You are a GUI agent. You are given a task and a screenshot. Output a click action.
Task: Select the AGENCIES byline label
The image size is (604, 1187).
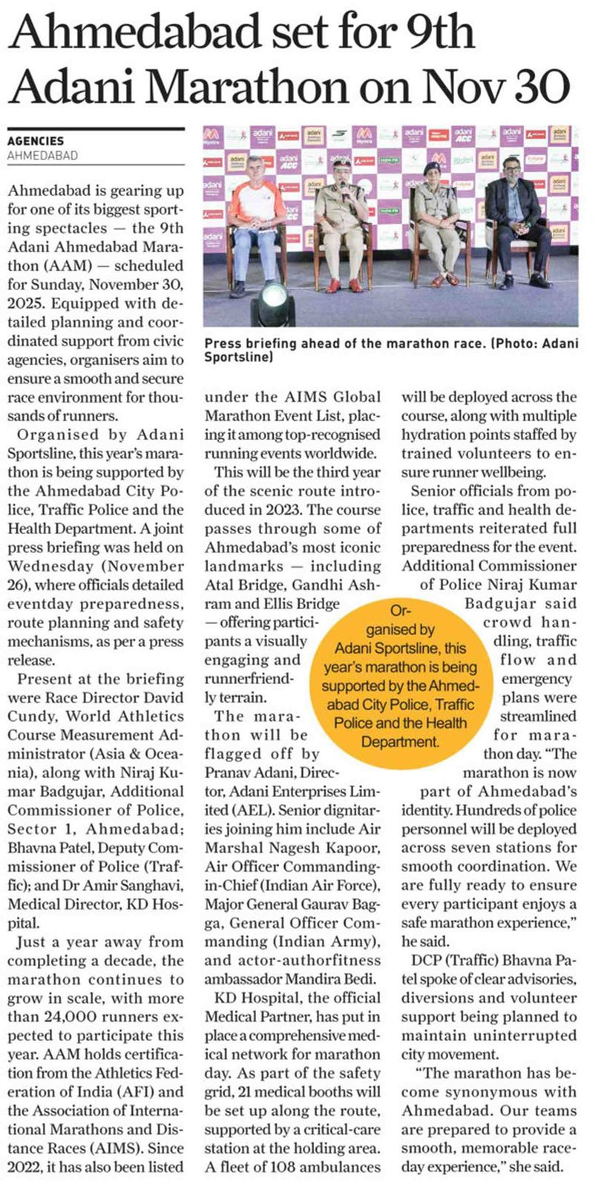coord(36,141)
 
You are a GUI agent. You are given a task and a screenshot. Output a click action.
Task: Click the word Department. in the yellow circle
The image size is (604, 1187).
coord(400,741)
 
